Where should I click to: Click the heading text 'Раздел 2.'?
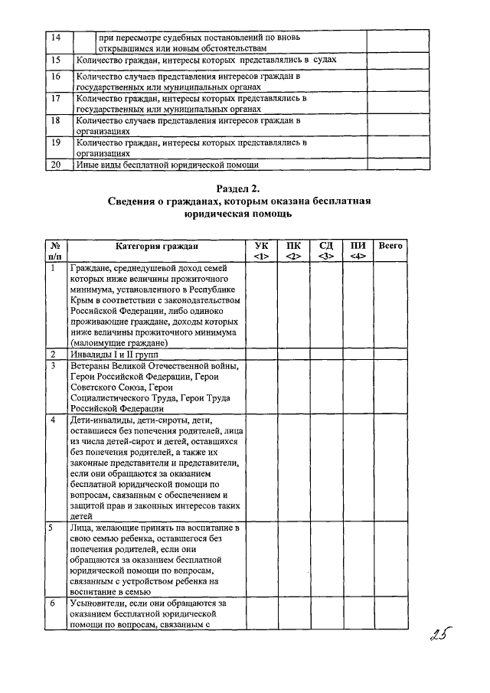(239, 188)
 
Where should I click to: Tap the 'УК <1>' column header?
(261, 250)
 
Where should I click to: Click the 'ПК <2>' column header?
(293, 250)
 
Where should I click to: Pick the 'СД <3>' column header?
(325, 250)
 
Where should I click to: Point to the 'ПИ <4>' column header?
(358, 250)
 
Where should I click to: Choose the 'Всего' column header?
(390, 246)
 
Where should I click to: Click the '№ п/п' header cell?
(55, 250)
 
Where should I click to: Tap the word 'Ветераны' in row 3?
(92, 366)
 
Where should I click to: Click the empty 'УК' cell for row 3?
(261, 387)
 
